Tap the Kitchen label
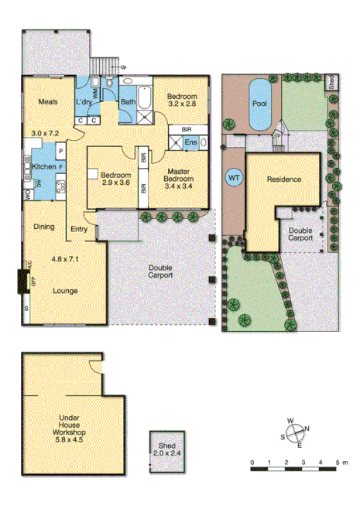(42, 167)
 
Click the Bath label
(128, 102)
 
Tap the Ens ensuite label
(190, 142)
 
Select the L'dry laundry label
(84, 102)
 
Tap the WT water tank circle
(233, 178)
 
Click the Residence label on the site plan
(284, 179)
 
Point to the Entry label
(79, 229)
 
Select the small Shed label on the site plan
(331, 83)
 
